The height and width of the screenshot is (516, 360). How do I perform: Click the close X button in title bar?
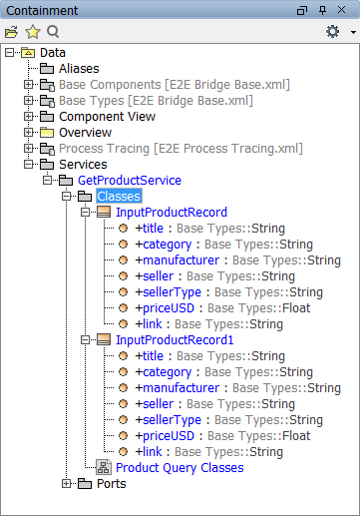(341, 10)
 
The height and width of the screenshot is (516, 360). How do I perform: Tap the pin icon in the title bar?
(322, 10)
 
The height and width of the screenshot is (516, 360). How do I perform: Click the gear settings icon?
(332, 32)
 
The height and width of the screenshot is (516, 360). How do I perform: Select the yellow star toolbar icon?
(33, 32)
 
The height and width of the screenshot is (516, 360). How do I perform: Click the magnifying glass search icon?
(53, 32)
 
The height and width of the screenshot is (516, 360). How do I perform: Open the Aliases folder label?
(79, 69)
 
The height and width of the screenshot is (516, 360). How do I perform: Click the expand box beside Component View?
(29, 116)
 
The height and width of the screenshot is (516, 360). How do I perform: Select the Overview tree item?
(86, 133)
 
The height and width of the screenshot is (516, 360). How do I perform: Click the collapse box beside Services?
(29, 164)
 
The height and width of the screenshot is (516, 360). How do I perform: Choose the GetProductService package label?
(130, 181)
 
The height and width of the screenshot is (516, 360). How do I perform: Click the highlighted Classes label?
(119, 197)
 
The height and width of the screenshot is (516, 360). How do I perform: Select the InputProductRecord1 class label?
(175, 340)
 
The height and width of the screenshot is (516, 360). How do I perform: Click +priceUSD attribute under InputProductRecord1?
(165, 436)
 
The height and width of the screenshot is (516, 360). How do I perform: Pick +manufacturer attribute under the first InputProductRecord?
(178, 260)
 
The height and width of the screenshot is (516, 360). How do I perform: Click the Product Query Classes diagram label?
(180, 468)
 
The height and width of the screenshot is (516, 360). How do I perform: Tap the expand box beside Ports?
(67, 483)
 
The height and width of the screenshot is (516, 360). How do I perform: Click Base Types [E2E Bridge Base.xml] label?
(156, 101)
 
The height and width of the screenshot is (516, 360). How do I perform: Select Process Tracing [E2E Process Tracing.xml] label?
(180, 149)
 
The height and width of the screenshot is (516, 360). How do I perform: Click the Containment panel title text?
(42, 11)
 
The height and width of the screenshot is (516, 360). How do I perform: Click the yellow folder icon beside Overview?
(47, 133)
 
